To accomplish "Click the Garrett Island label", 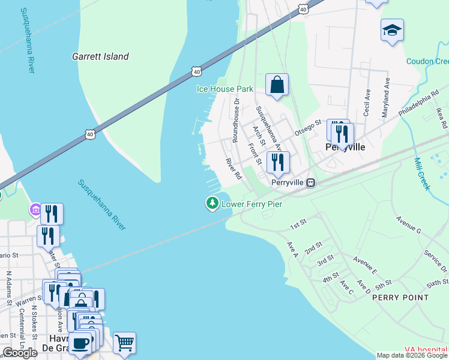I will [100, 56].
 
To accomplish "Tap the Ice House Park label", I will [225, 89].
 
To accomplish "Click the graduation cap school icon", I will [392, 30].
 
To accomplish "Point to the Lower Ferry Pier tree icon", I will [212, 204].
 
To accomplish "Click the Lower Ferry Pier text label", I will [252, 204].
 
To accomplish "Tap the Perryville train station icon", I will [310, 182].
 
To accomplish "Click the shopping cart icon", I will [124, 343].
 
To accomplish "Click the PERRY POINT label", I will [400, 297].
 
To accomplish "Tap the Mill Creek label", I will [423, 174].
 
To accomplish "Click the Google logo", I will [20, 353].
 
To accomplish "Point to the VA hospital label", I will [426, 349].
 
